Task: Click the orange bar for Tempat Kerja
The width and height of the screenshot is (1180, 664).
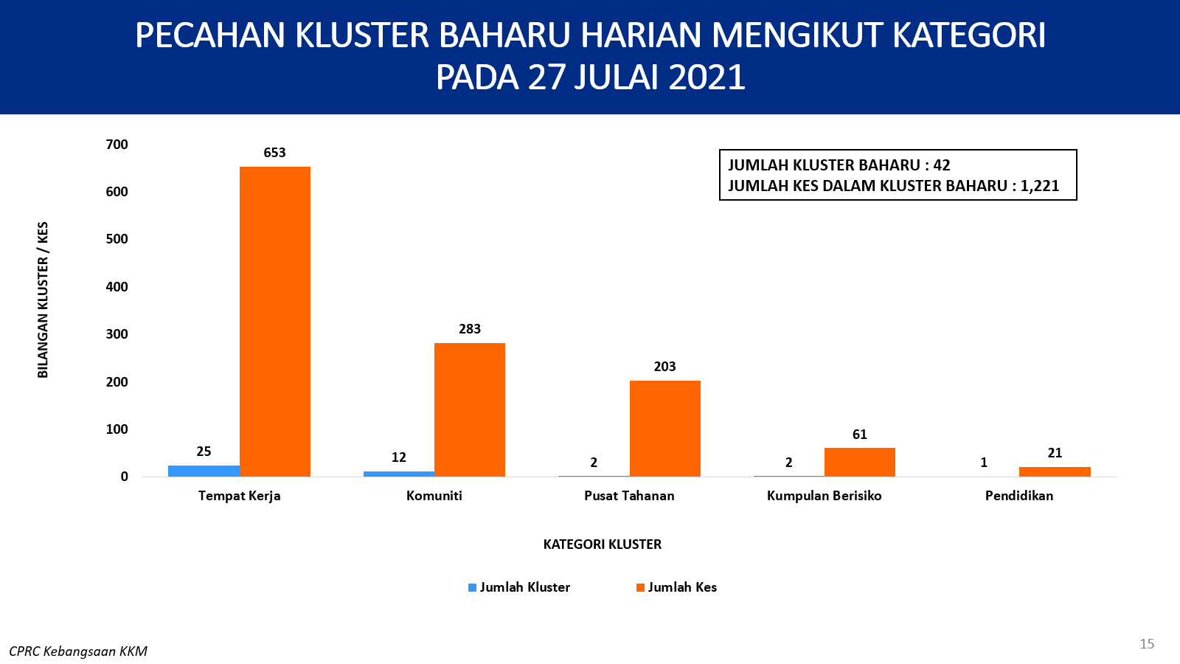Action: [x=275, y=322]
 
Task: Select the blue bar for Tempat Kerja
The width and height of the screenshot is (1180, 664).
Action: [x=204, y=471]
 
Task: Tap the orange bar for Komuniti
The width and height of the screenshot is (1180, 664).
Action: [x=470, y=410]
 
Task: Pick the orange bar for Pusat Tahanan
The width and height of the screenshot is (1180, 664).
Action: [x=664, y=429]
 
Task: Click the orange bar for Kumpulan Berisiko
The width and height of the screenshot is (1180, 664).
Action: [x=860, y=462]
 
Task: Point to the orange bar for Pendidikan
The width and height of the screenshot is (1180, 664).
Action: [x=1055, y=471]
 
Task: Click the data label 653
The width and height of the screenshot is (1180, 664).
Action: [x=274, y=153]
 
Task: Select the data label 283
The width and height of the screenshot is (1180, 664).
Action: [x=470, y=329]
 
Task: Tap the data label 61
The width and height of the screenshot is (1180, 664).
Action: [x=860, y=435]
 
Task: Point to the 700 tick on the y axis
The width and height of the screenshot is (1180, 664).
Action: [x=117, y=145]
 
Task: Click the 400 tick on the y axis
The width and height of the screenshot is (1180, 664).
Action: [x=117, y=287]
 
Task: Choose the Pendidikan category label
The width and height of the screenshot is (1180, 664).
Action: [x=1019, y=496]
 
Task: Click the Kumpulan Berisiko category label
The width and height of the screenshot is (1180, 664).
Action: [x=825, y=496]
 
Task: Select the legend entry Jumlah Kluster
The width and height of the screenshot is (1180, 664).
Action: [x=519, y=587]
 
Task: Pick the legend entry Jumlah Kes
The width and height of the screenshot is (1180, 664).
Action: [x=677, y=587]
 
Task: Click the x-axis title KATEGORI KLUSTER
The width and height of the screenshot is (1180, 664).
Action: [x=602, y=544]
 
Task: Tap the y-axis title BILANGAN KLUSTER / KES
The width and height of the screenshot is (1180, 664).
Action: [x=43, y=300]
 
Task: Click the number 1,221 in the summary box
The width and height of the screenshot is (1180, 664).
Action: [x=1040, y=186]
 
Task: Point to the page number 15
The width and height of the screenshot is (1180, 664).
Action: [x=1147, y=644]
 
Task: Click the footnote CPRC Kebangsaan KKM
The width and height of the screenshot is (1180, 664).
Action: [x=78, y=651]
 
